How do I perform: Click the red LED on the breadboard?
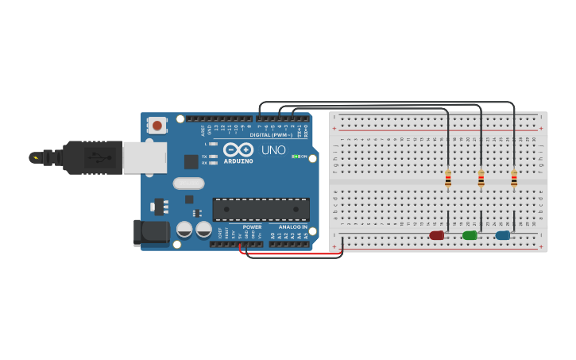(x=437, y=235)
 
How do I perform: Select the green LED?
(x=470, y=235)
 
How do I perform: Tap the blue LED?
(x=502, y=235)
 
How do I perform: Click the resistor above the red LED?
(x=448, y=179)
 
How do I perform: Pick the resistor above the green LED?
(x=481, y=179)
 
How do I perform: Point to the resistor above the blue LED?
(x=514, y=179)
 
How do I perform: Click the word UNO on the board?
(x=273, y=150)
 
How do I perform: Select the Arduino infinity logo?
(x=238, y=149)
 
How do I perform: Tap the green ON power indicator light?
(x=296, y=157)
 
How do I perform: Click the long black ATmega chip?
(x=261, y=209)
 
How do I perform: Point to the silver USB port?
(x=145, y=157)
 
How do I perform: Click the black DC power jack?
(x=153, y=233)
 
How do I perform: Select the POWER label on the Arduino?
(x=252, y=227)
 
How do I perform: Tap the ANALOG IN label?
(x=292, y=227)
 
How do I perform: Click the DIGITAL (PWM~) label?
(x=271, y=135)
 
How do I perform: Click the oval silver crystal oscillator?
(x=188, y=184)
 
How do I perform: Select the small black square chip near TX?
(x=191, y=161)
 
